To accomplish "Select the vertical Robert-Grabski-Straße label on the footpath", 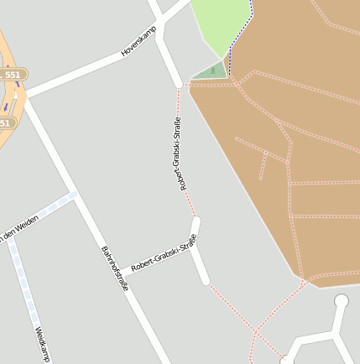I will pyautogui.click(x=181, y=155).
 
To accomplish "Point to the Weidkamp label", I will pyautogui.click(x=42, y=344).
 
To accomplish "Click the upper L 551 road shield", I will pyautogui.click(x=12, y=75).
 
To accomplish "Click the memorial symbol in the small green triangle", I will pyautogui.click(x=213, y=70).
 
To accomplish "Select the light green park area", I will pyautogui.click(x=219, y=25).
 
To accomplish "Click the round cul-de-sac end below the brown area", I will pyautogui.click(x=341, y=301).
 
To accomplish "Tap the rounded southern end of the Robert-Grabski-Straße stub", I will pyautogui.click(x=205, y=279).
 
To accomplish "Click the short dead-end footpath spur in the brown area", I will pyautogui.click(x=263, y=168).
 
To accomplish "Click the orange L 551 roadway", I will pyautogui.click(x=8, y=96).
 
